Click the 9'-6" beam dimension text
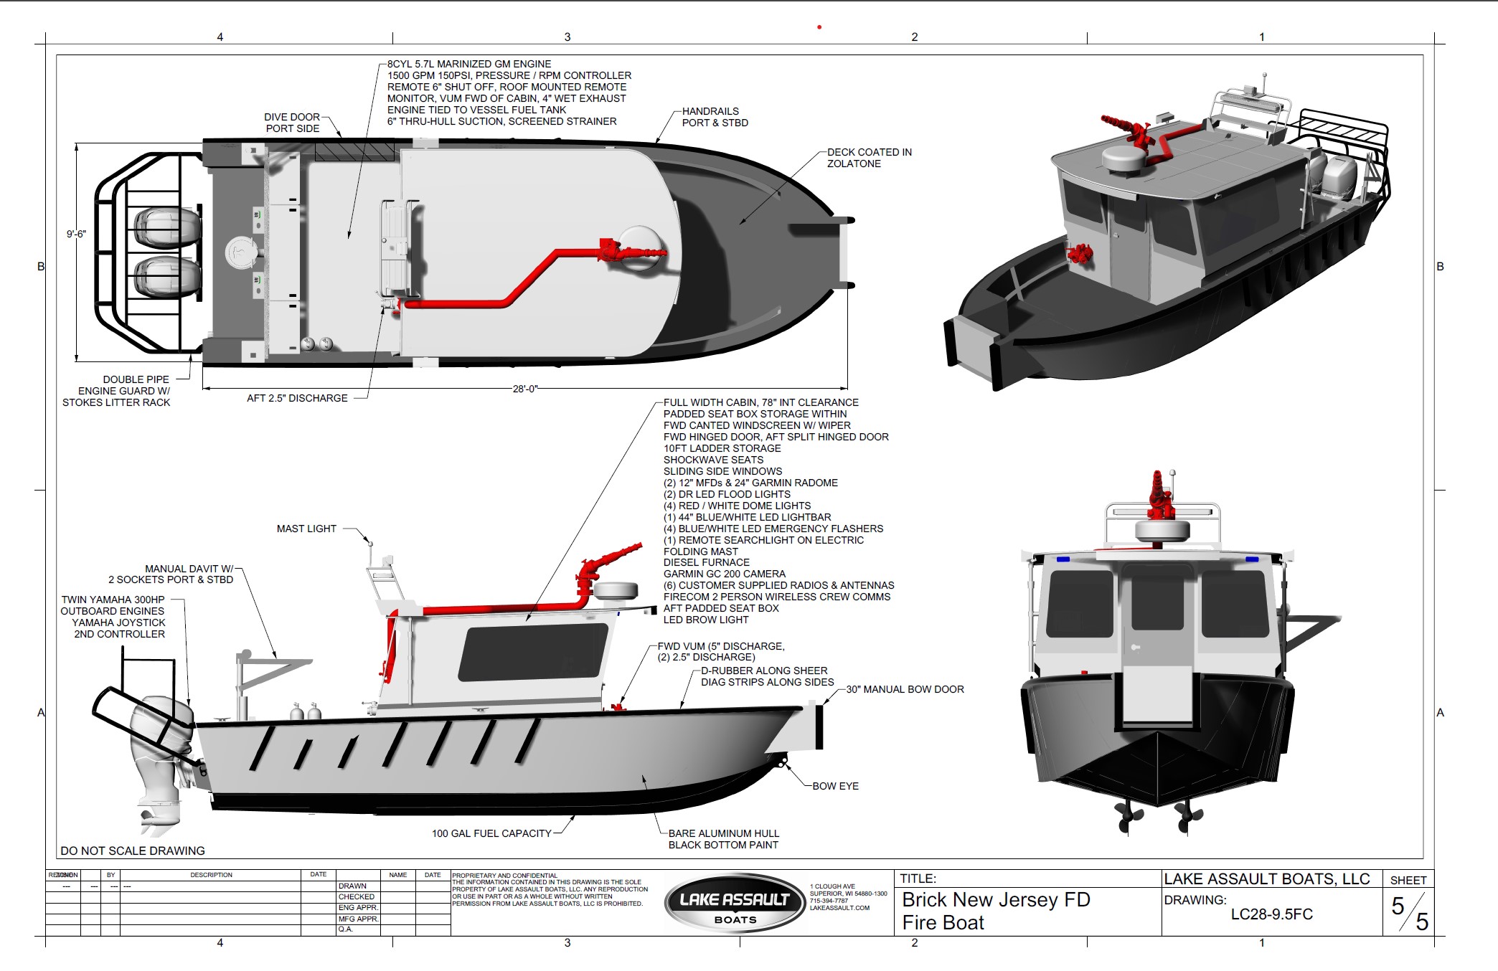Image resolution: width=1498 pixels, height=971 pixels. click(76, 234)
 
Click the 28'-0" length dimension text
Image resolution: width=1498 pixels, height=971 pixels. click(524, 389)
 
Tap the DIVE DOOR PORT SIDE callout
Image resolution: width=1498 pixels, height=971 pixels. click(292, 123)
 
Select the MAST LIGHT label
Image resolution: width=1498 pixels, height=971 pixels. click(306, 529)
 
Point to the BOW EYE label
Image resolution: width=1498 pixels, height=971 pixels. click(835, 786)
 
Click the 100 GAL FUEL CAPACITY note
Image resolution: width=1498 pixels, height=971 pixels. click(491, 833)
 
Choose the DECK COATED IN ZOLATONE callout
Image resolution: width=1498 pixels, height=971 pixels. click(869, 158)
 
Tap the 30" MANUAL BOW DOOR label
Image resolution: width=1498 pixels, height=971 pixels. click(905, 689)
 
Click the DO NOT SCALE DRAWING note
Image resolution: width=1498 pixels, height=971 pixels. click(133, 851)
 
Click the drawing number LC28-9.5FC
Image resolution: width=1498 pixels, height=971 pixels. click(1271, 914)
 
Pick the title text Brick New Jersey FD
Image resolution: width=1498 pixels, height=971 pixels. click(996, 899)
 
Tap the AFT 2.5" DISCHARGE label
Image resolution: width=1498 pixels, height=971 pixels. click(297, 398)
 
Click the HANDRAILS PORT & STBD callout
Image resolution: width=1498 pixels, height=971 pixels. click(715, 117)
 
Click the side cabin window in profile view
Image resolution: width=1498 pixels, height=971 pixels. click(532, 653)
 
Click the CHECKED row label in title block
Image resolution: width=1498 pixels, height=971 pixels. click(356, 896)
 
